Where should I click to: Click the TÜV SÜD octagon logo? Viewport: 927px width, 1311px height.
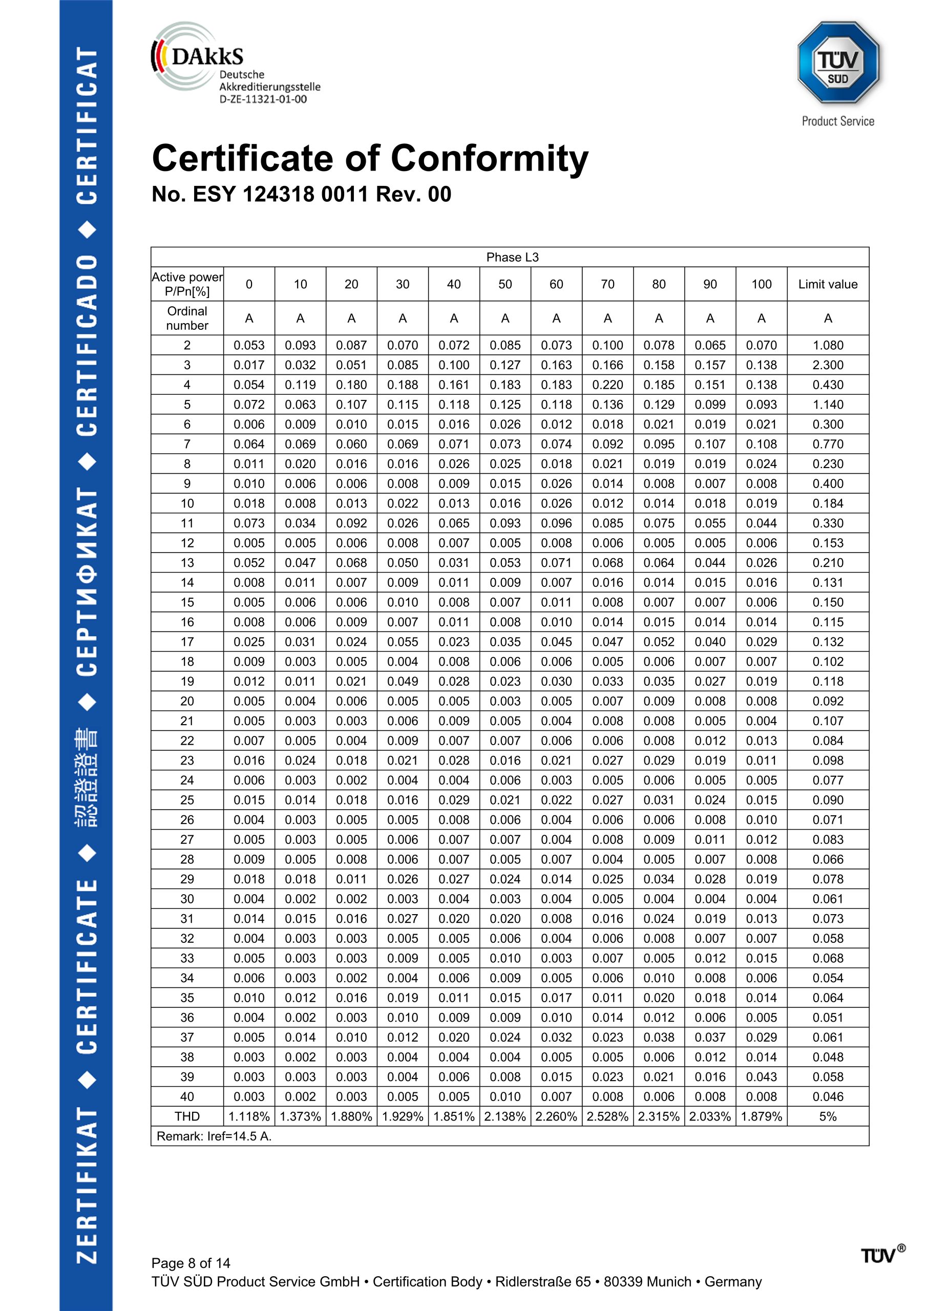[x=837, y=63]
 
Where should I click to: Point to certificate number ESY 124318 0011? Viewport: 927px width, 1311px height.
[x=301, y=194]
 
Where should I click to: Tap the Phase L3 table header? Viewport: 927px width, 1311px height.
[x=512, y=257]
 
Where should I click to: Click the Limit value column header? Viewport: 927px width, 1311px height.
[x=827, y=284]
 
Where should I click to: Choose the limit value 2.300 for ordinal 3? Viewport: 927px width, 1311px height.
[x=827, y=365]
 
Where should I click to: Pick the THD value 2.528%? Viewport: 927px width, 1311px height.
[x=607, y=1116]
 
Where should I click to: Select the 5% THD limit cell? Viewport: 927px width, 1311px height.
[x=827, y=1116]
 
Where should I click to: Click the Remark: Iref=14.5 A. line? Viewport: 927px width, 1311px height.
[x=214, y=1136]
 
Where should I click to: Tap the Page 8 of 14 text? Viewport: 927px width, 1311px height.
[x=191, y=1262]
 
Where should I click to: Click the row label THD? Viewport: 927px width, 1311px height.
[x=187, y=1116]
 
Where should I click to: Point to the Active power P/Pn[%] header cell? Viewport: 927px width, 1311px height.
[x=187, y=284]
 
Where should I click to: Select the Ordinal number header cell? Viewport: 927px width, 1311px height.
[x=187, y=318]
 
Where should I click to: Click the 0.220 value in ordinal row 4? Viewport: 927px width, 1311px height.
[x=607, y=385]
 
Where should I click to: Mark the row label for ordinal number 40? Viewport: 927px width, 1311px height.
[x=187, y=1096]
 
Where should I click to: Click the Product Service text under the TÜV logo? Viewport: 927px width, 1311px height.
[x=837, y=121]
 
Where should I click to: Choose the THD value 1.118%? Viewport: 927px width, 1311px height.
[x=248, y=1116]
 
